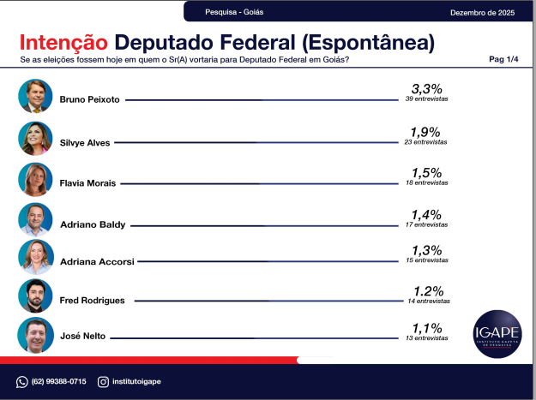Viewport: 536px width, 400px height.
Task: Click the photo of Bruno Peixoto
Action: [x=35, y=96]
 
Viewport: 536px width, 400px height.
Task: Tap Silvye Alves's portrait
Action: [x=35, y=138]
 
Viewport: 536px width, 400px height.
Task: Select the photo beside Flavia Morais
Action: [x=35, y=179]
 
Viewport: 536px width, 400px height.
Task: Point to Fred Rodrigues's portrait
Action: [x=35, y=296]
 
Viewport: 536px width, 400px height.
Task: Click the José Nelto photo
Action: [x=35, y=335]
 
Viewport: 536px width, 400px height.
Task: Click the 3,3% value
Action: [x=426, y=89]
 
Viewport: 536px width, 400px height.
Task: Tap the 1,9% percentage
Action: [x=426, y=132]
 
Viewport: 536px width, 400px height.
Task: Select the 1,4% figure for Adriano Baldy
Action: [x=426, y=214]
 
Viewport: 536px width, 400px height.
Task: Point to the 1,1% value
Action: [x=426, y=328]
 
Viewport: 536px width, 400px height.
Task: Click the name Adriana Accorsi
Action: [x=97, y=262]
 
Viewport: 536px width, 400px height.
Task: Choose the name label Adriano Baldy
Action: [x=93, y=224]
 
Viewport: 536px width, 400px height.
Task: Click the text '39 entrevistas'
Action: [x=426, y=100]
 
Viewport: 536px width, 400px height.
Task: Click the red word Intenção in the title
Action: [x=63, y=42]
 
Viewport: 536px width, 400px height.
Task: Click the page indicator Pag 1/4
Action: [x=503, y=59]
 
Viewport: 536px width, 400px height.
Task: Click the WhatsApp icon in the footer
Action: [x=22, y=381]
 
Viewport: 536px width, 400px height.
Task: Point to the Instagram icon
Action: [x=103, y=381]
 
